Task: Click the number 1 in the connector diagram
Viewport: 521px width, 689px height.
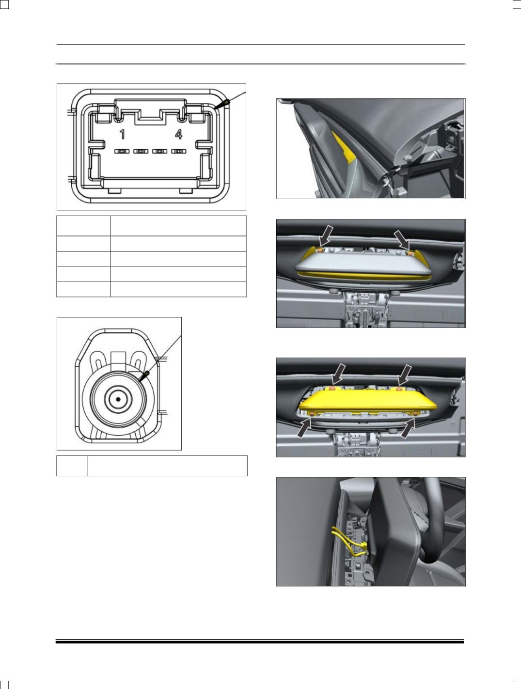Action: (123, 134)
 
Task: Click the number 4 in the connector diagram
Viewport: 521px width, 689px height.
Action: (178, 134)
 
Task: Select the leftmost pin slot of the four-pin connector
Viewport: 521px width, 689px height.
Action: (122, 151)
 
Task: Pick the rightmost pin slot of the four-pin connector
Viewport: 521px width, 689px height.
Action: (178, 151)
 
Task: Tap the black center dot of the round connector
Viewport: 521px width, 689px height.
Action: (118, 399)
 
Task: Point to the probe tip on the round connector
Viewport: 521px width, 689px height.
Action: (140, 381)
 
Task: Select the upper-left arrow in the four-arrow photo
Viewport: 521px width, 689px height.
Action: (339, 374)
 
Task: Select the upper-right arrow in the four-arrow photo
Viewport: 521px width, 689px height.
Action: (405, 375)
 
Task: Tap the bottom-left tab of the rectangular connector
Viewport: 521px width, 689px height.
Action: (114, 191)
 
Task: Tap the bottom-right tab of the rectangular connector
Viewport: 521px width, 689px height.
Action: (187, 191)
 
